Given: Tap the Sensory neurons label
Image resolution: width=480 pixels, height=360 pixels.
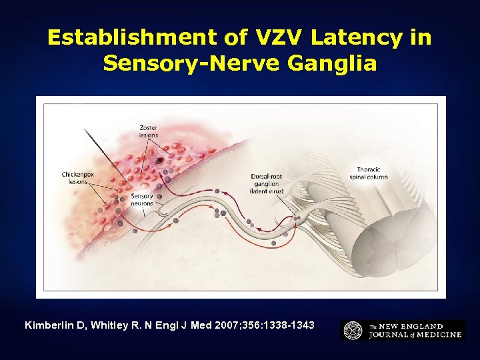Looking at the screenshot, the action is click(142, 200).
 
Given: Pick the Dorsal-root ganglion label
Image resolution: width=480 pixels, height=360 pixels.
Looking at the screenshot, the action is click(267, 180).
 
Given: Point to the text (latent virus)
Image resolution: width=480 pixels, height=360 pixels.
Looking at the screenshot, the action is click(267, 191).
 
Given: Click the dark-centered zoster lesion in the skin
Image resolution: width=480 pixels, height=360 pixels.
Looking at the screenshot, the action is click(160, 161).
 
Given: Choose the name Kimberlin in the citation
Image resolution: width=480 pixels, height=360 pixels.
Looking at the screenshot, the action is click(51, 325).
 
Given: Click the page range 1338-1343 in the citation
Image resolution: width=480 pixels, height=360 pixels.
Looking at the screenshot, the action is click(288, 325).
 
